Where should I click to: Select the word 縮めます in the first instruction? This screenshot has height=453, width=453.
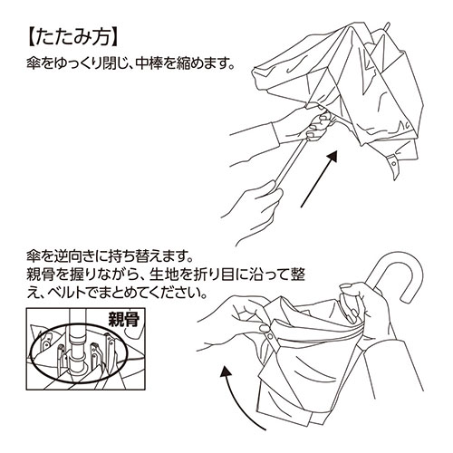click(203, 66)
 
